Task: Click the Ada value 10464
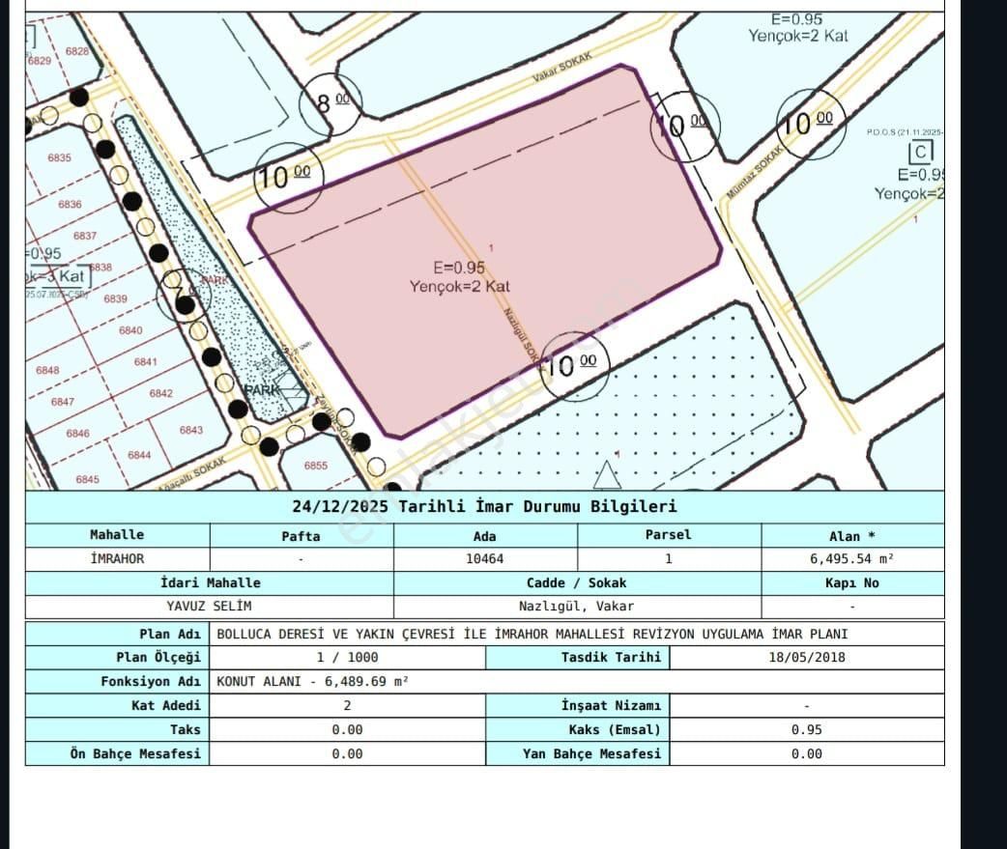click(485, 558)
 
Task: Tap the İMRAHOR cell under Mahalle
click(116, 558)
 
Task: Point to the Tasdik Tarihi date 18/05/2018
click(806, 657)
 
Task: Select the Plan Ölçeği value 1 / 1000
click(347, 657)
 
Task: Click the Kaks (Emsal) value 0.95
click(806, 729)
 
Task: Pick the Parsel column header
click(669, 534)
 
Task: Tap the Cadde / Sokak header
click(576, 582)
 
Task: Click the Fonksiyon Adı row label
click(151, 681)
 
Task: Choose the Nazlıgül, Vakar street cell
click(576, 607)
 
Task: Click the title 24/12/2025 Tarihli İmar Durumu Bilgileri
click(484, 506)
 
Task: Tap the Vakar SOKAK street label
click(561, 75)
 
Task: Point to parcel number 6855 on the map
click(316, 466)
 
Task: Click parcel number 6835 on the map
click(59, 156)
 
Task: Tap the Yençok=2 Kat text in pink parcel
click(459, 286)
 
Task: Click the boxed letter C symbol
click(920, 153)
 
